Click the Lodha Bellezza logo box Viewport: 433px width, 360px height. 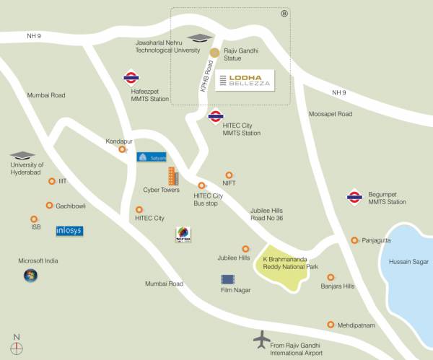coord(245,80)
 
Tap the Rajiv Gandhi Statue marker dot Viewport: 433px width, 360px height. coord(214,52)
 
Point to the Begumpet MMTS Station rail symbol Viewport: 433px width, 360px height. coord(354,195)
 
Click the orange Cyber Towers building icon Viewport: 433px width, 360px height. coord(172,176)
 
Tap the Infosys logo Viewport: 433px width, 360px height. coord(69,232)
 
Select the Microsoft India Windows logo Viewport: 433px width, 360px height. coord(30,275)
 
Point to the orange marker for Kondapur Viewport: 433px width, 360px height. coord(122,150)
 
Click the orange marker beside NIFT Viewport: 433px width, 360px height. coord(229,175)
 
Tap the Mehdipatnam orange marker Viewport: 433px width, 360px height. coord(331,325)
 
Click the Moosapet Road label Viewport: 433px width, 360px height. coord(330,114)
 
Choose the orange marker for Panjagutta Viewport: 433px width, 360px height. coord(354,240)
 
